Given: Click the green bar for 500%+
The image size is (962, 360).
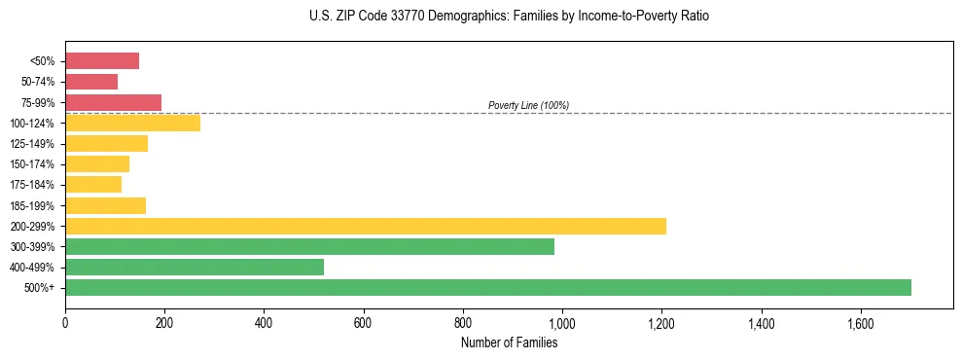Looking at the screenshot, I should click(487, 287).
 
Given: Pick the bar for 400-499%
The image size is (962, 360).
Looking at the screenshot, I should click(194, 267).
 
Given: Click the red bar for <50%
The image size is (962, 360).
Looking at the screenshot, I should click(102, 61).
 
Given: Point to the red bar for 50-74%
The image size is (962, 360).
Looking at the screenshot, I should click(91, 82).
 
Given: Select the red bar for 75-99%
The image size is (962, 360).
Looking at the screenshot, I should click(113, 102).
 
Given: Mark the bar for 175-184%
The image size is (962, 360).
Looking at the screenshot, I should click(93, 185).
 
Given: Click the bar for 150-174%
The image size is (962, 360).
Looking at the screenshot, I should click(97, 164).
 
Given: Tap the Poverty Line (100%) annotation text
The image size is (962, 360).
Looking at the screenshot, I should click(528, 105).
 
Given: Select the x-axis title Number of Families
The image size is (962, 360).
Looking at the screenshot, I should click(509, 342).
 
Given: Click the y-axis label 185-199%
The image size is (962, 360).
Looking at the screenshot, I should click(32, 205).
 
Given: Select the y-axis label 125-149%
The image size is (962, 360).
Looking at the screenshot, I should click(32, 144).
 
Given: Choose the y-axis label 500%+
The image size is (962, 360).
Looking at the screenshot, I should click(40, 288).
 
